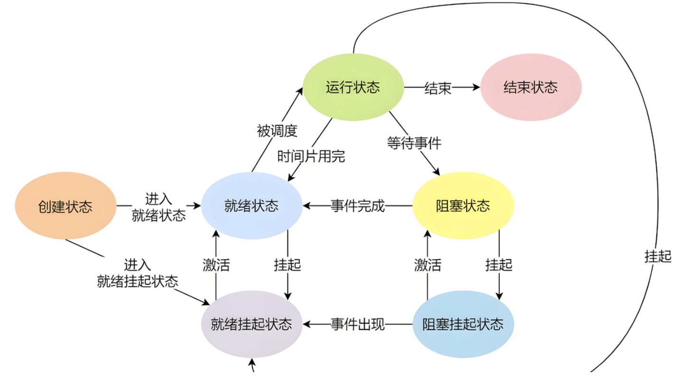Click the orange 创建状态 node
coord(65,206)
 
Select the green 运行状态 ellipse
coord(353,87)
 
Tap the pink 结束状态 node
coord(531,87)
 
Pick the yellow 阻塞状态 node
coord(463,206)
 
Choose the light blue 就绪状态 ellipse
coord(252,206)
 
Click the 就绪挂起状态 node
coord(252,325)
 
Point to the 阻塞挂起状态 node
coord(463,325)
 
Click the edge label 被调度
coord(277,131)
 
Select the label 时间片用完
coord(311,156)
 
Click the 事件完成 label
coord(357,206)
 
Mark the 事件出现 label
coord(357,325)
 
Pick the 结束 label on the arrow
coord(438,88)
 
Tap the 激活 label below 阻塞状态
coord(428,264)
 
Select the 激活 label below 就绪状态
coord(216,264)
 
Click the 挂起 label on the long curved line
coord(658,256)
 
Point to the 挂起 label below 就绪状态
coord(287,264)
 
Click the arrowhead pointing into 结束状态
coord(476,87)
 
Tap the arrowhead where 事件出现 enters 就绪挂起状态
coord(307,325)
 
